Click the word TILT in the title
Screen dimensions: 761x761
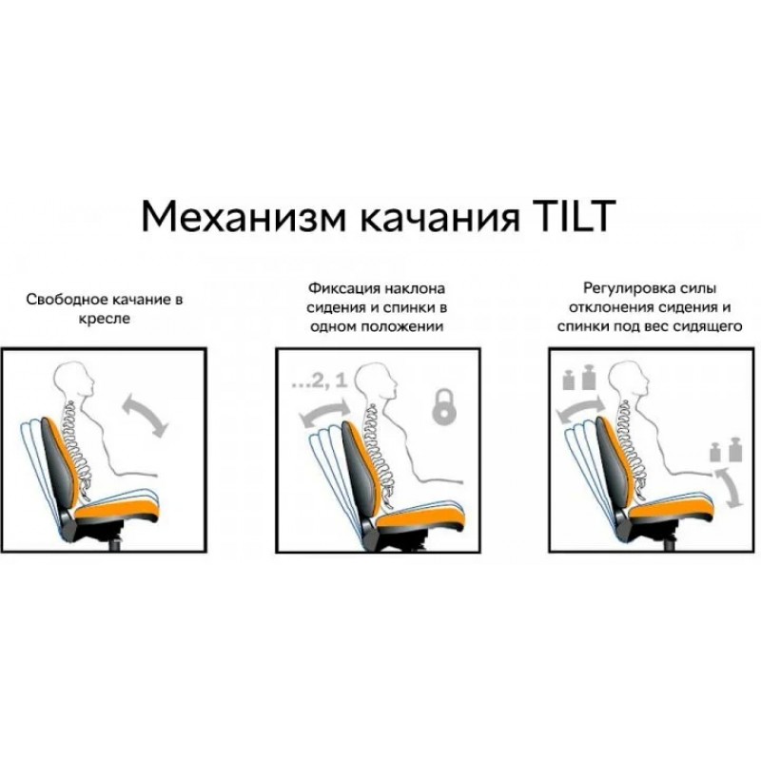tap(573, 216)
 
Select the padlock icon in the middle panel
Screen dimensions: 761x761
tap(444, 406)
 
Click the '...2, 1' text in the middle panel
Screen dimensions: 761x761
tap(320, 381)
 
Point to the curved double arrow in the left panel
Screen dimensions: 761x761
tap(146, 416)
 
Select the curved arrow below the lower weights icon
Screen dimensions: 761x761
tap(727, 488)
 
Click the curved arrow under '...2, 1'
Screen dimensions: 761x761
tap(325, 411)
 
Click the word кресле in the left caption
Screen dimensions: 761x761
tap(105, 319)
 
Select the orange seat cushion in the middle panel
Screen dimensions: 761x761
tap(420, 516)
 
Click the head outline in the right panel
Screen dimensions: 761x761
tap(628, 378)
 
